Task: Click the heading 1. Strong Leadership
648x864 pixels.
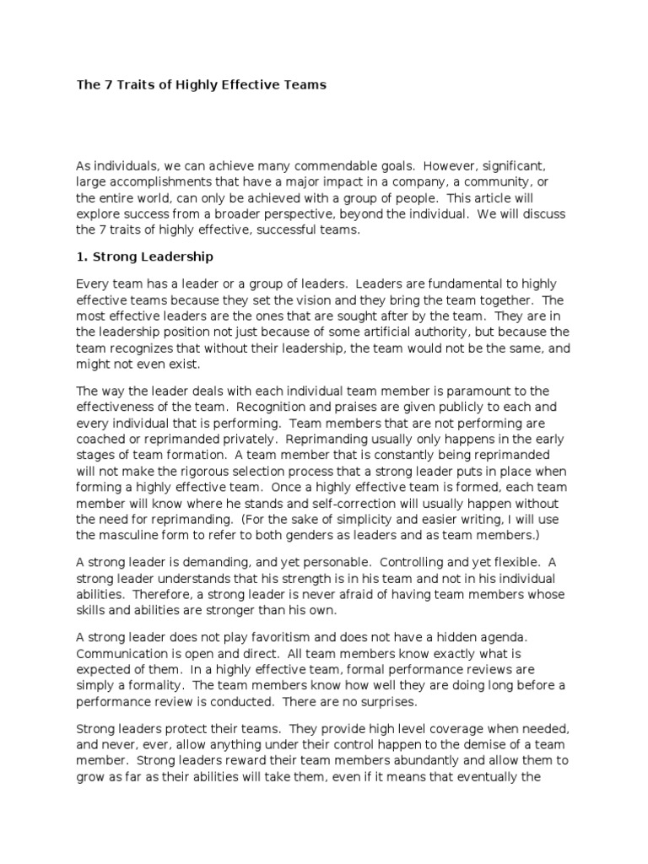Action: pyautogui.click(x=144, y=255)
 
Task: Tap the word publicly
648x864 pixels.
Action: pyautogui.click(x=441, y=407)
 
